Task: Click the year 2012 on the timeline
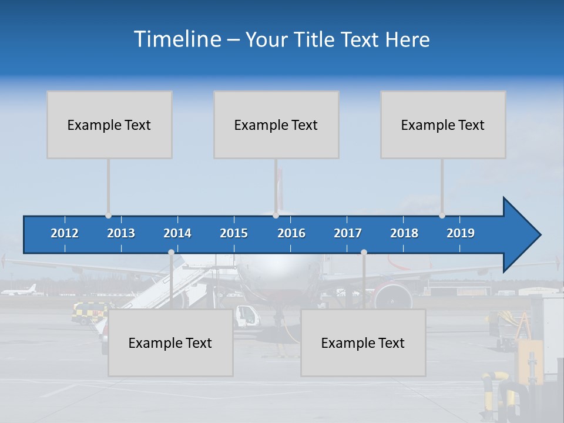(x=65, y=233)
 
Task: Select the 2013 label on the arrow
(x=121, y=233)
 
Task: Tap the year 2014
(x=177, y=233)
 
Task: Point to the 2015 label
(x=234, y=233)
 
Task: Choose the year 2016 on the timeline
(x=291, y=233)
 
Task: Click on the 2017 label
(x=348, y=233)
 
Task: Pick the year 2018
(x=404, y=233)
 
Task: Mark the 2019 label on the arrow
(x=461, y=233)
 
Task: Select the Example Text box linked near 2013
(x=109, y=125)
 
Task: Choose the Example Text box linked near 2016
(x=276, y=125)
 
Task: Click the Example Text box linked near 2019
(x=443, y=125)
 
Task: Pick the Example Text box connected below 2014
(x=170, y=343)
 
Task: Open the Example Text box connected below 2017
(x=363, y=343)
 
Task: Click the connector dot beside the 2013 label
(x=108, y=216)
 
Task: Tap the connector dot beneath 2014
(x=171, y=253)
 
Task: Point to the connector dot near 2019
(x=442, y=216)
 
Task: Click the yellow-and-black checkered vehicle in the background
(x=88, y=313)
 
